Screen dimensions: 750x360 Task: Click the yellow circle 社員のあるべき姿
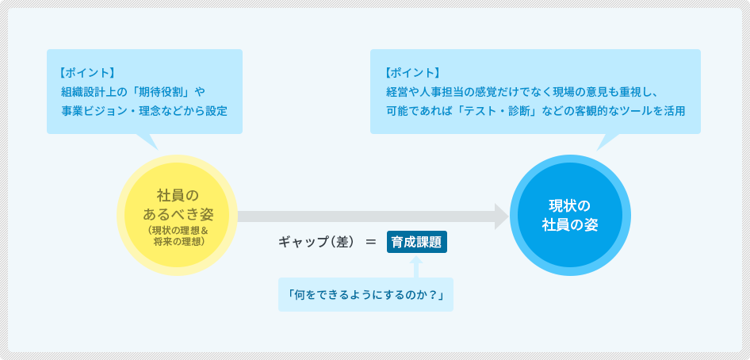pyautogui.click(x=178, y=215)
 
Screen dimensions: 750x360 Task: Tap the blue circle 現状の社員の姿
pyautogui.click(x=570, y=215)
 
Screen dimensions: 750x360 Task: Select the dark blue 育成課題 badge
pyautogui.click(x=416, y=242)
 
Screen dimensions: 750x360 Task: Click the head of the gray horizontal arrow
pyautogui.click(x=501, y=216)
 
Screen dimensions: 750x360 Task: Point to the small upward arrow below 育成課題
pyautogui.click(x=416, y=266)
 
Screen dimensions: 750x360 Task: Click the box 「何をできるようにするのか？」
pyautogui.click(x=366, y=294)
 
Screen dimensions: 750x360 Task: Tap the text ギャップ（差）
pyautogui.click(x=318, y=243)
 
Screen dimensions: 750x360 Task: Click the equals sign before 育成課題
pyautogui.click(x=371, y=243)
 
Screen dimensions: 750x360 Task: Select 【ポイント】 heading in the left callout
pyautogui.click(x=86, y=73)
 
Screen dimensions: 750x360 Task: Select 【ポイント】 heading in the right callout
pyautogui.click(x=411, y=73)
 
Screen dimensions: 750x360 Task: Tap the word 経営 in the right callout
pyautogui.click(x=396, y=91)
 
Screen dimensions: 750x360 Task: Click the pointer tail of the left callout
pyautogui.click(x=149, y=142)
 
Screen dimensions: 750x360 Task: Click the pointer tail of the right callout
pyautogui.click(x=605, y=142)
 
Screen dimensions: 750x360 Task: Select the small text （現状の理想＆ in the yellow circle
pyautogui.click(x=178, y=231)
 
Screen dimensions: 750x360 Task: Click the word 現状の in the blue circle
pyautogui.click(x=570, y=206)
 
